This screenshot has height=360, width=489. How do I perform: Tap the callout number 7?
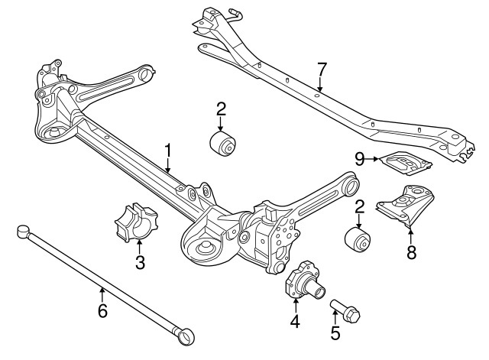tap(321, 70)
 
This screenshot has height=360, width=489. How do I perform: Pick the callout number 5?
tap(334, 333)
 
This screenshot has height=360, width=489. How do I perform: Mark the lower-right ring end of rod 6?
tap(186, 334)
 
